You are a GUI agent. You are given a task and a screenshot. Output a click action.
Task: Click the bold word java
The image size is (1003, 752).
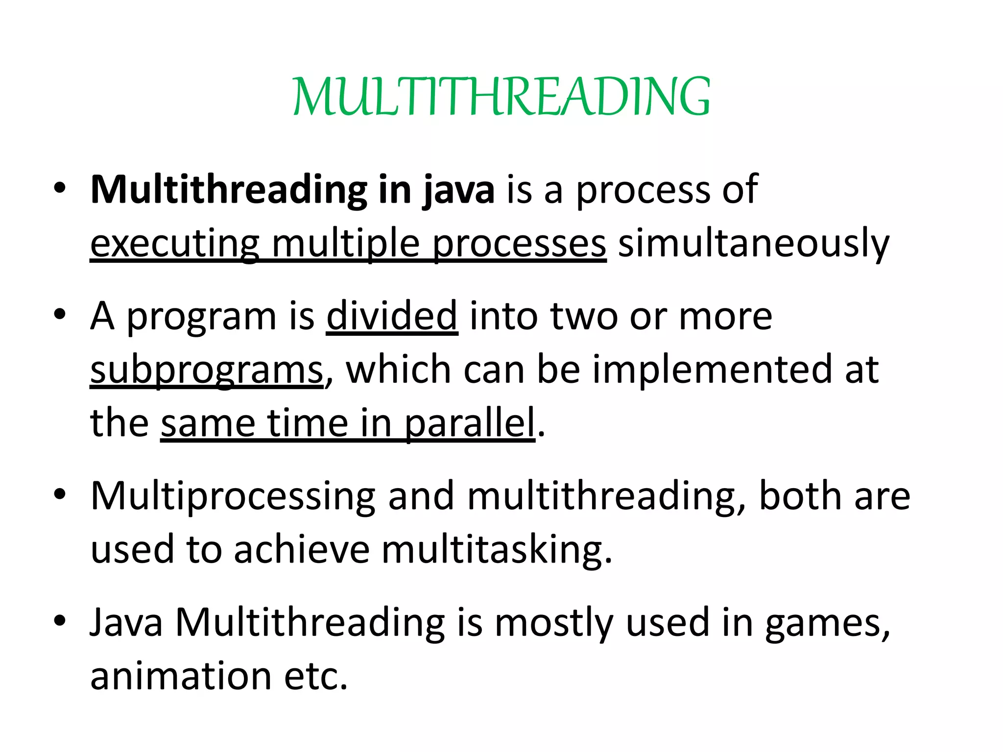pyautogui.click(x=458, y=190)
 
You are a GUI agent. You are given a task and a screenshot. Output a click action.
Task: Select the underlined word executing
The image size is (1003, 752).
pyautogui.click(x=174, y=243)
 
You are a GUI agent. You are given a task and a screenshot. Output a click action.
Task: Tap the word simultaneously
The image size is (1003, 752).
pyautogui.click(x=753, y=243)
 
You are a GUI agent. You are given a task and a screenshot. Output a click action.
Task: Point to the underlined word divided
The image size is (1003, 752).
pyautogui.click(x=392, y=316)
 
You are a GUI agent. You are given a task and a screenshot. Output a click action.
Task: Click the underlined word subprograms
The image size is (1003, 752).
pyautogui.click(x=206, y=370)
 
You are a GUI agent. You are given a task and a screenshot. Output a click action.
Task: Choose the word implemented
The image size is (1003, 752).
pyautogui.click(x=711, y=370)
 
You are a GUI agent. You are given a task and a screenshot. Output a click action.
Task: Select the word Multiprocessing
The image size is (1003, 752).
pyautogui.click(x=233, y=496)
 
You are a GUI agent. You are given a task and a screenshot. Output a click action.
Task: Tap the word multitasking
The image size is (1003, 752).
pyautogui.click(x=497, y=549)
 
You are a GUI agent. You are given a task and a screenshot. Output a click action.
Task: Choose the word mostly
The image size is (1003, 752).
pyautogui.click(x=553, y=623)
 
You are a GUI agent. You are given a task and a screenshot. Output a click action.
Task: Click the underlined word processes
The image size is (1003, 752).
pyautogui.click(x=519, y=243)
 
